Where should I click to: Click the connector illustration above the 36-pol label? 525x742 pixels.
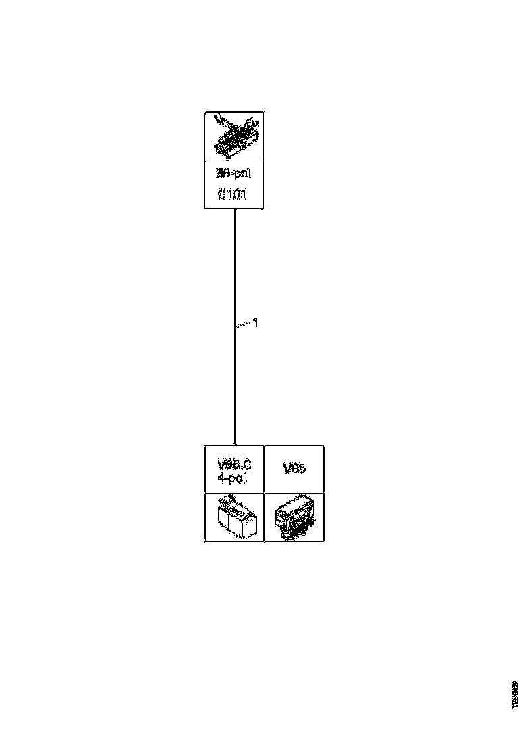pyautogui.click(x=234, y=136)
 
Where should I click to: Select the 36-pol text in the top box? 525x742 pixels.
pyautogui.click(x=233, y=173)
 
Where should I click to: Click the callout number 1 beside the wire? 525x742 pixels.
pyautogui.click(x=255, y=324)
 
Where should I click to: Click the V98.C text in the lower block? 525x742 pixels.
pyautogui.click(x=234, y=464)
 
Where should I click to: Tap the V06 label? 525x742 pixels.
pyautogui.click(x=294, y=469)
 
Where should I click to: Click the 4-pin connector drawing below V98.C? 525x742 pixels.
pyautogui.click(x=233, y=517)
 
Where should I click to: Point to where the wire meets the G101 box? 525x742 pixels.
pyautogui.click(x=234, y=209)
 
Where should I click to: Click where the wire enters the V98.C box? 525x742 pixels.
pyautogui.click(x=234, y=445)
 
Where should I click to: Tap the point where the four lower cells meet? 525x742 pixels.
pyautogui.click(x=264, y=493)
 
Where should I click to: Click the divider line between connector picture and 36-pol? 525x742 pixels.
pyautogui.click(x=234, y=161)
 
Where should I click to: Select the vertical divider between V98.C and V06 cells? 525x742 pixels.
pyautogui.click(x=264, y=469)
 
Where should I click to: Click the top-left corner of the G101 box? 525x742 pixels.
pyautogui.click(x=205, y=112)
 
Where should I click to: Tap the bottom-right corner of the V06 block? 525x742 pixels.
pyautogui.click(x=323, y=541)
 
